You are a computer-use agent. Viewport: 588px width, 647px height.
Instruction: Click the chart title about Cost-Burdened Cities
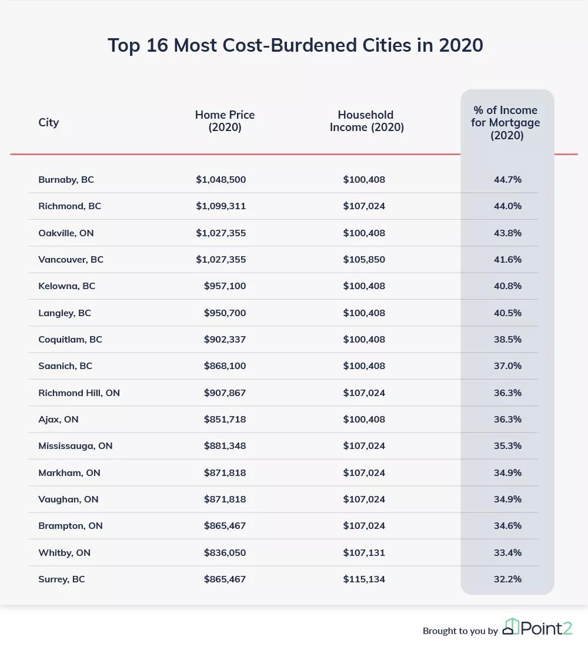point(295,45)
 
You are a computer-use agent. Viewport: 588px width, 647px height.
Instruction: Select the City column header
point(49,122)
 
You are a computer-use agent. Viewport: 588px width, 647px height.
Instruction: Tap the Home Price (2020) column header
point(225,121)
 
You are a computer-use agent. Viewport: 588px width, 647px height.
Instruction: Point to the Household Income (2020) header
point(366,121)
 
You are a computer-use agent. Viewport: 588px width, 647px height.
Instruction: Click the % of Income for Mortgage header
point(506,122)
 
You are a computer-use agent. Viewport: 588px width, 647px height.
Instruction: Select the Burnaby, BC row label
point(66,179)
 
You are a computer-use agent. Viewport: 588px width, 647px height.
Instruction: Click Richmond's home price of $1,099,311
point(220,206)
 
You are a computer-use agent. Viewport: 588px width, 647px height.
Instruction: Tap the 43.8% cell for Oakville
point(507,233)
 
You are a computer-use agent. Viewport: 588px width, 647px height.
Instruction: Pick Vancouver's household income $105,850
point(364,259)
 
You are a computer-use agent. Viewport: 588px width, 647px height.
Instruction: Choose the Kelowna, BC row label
point(66,286)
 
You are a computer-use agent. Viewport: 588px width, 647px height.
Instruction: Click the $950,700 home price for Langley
point(225,313)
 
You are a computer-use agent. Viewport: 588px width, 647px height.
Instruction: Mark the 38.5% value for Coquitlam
point(507,339)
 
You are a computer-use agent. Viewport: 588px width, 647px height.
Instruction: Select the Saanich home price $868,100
point(225,366)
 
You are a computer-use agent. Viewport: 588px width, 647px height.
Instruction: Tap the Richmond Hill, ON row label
point(79,393)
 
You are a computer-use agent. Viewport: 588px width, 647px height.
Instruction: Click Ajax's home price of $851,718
point(225,419)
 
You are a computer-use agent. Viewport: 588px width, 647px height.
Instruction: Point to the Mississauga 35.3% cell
point(507,445)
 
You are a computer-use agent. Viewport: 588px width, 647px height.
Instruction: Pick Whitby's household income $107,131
point(364,552)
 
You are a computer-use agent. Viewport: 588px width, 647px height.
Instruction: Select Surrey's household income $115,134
point(364,579)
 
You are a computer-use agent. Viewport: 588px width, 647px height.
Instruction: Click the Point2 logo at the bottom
point(537,627)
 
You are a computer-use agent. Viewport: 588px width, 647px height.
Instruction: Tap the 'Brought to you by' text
point(460,631)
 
